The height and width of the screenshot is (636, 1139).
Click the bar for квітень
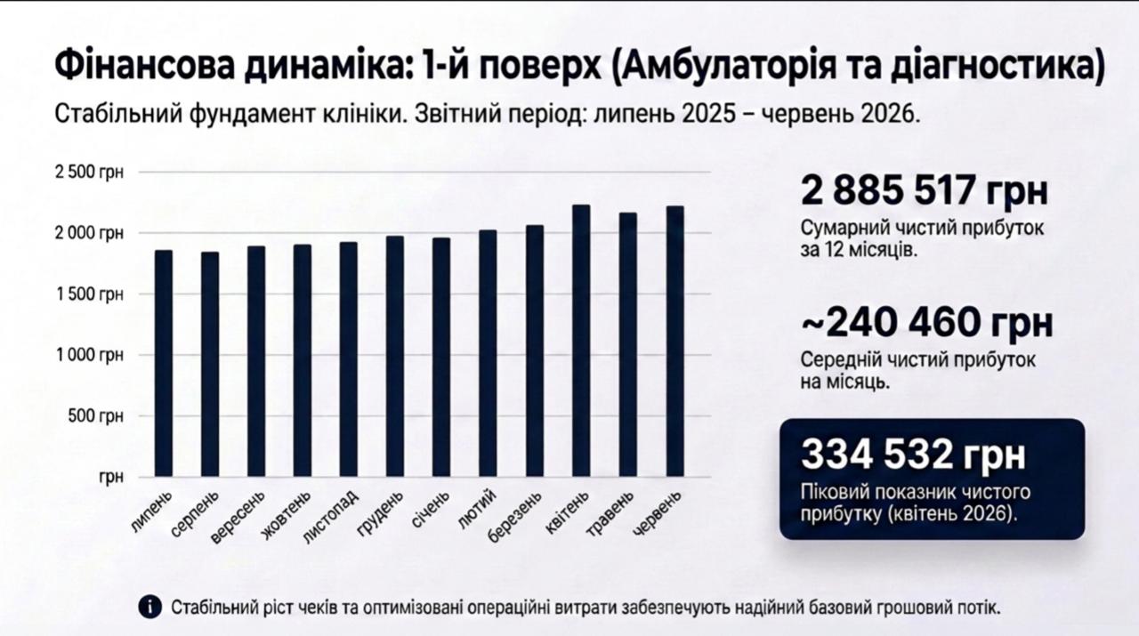pos(581,341)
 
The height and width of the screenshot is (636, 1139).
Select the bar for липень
pos(164,363)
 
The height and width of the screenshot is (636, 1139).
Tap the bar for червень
pos(675,342)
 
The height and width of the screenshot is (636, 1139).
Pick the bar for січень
pos(441,357)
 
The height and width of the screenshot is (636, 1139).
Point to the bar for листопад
pos(348,359)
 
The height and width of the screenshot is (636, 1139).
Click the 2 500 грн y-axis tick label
pos(89,173)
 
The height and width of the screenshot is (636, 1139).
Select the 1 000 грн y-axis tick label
pos(89,355)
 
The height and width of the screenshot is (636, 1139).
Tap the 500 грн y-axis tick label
pos(95,416)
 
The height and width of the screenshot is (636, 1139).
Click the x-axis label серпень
pos(195,513)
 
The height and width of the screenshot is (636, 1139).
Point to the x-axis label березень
pos(513,516)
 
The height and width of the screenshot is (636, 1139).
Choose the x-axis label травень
pos(610,513)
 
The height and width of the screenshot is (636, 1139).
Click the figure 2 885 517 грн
pos(925,190)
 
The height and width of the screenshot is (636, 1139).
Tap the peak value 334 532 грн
pos(913,454)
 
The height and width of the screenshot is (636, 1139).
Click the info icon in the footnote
pos(150,607)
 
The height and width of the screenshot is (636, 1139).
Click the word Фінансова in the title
pos(144,67)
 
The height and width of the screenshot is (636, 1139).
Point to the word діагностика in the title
pos(998,67)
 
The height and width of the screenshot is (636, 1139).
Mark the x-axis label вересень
pos(238,517)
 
